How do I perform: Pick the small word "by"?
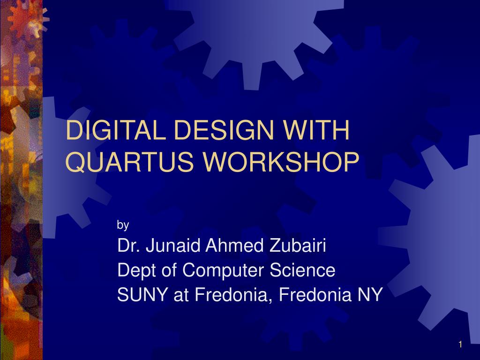(x=123, y=225)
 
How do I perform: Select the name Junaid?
(x=172, y=246)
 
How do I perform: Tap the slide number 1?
(x=460, y=345)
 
